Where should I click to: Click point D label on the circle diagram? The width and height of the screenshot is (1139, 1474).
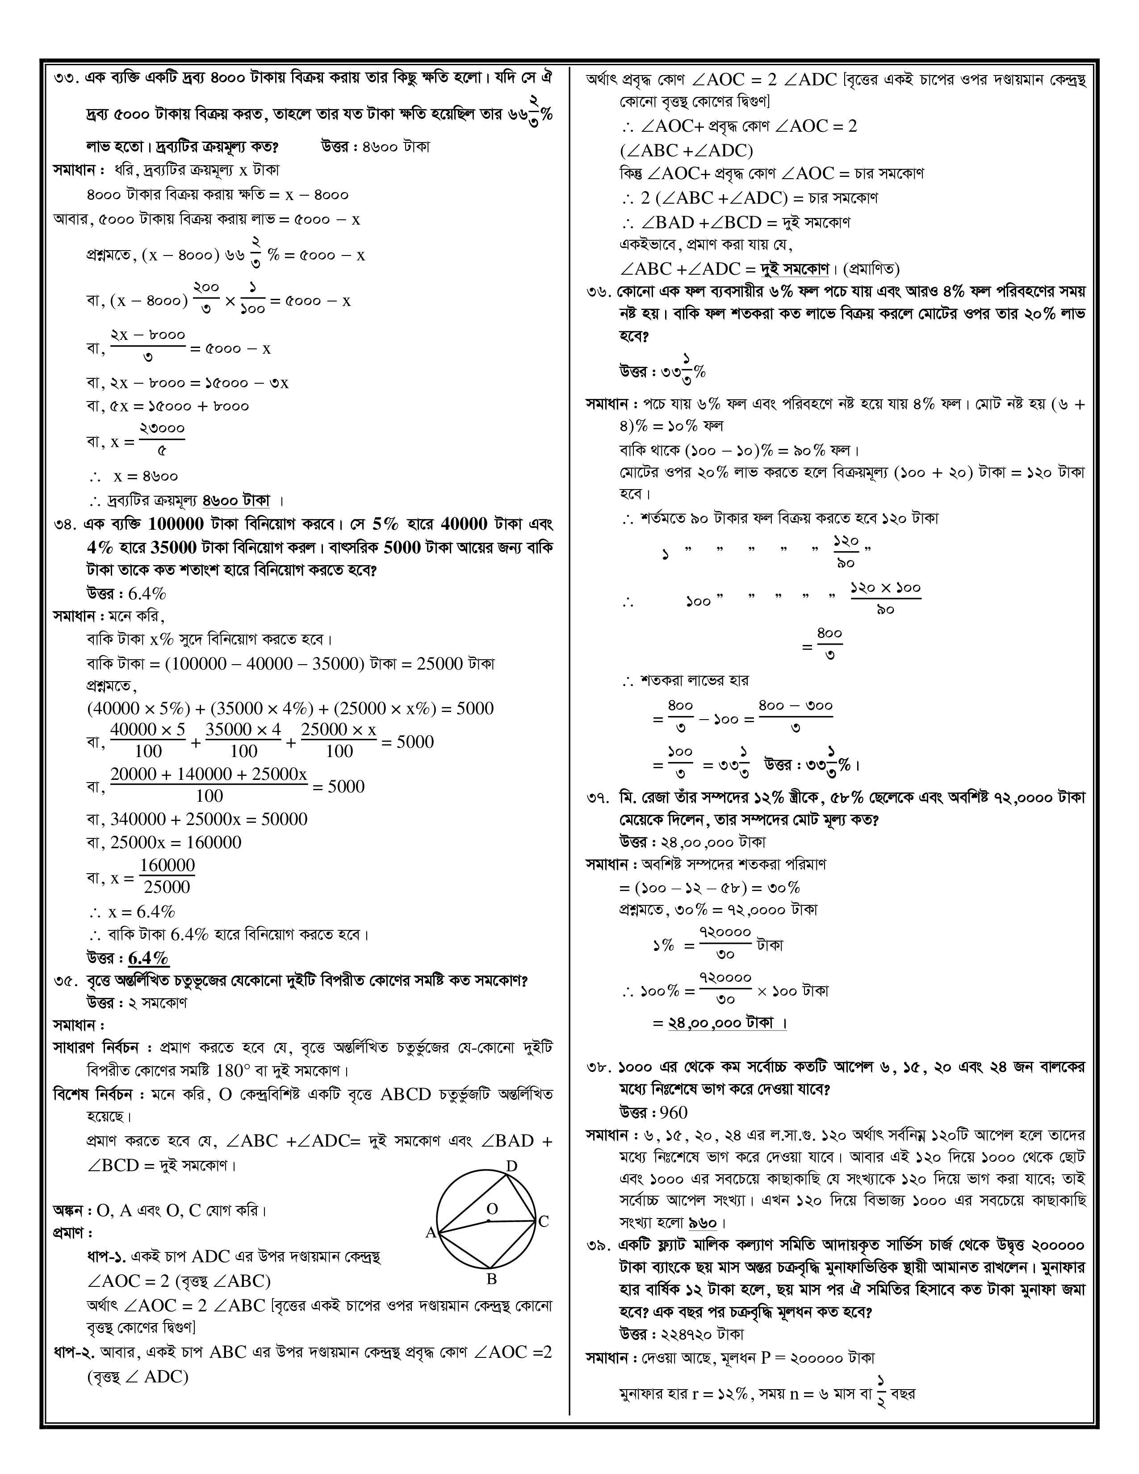pos(511,1166)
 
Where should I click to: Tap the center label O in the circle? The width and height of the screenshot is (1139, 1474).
pos(492,1209)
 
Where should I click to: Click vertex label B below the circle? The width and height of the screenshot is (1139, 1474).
pos(491,1279)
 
